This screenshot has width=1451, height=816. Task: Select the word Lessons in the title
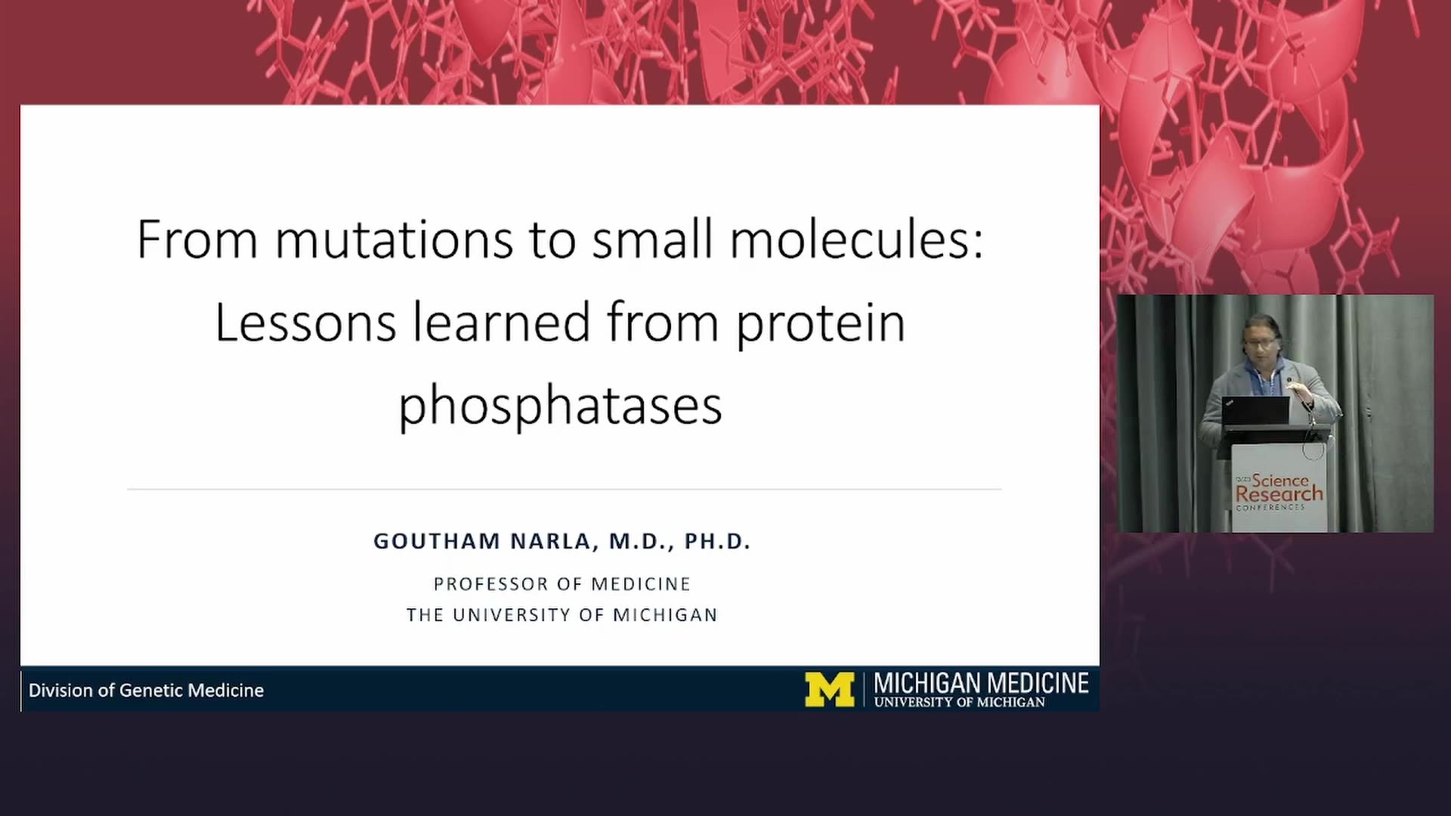(305, 323)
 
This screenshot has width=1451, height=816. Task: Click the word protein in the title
(821, 325)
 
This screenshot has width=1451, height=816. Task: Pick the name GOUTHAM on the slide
(437, 541)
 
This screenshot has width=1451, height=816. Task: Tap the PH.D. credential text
(717, 541)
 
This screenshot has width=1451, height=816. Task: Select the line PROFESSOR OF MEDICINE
(562, 584)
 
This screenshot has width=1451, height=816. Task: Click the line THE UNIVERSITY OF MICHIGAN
(562, 615)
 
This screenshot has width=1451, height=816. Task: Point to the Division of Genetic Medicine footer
(147, 691)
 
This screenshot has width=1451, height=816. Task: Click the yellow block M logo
(829, 689)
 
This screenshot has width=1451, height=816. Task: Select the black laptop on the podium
(1255, 412)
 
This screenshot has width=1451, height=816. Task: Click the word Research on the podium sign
(1279, 494)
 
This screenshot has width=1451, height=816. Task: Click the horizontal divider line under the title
(565, 490)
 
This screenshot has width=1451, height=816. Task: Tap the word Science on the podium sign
(1280, 480)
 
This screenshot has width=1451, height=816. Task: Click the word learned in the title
(502, 323)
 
